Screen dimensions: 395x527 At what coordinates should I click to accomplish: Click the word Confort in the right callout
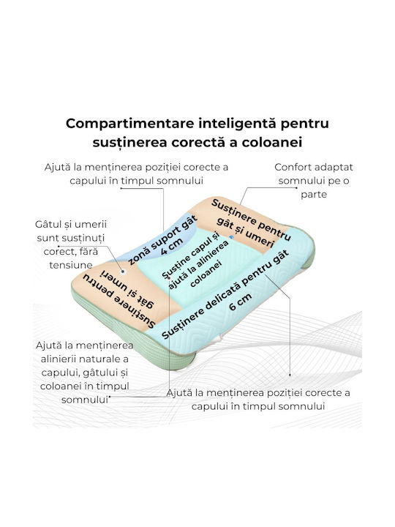(x=290, y=167)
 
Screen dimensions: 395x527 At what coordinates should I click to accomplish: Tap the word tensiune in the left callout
(x=71, y=265)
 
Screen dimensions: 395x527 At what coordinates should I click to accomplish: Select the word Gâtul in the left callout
(x=48, y=224)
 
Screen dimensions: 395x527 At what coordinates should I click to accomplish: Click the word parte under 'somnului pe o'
(x=314, y=195)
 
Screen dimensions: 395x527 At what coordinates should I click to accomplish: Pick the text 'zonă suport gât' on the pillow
(x=163, y=239)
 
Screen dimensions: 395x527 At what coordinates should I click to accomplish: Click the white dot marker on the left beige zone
(x=123, y=272)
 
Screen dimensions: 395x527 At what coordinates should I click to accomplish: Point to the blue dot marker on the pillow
(x=231, y=237)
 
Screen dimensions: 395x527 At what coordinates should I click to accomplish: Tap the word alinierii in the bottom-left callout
(x=62, y=359)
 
